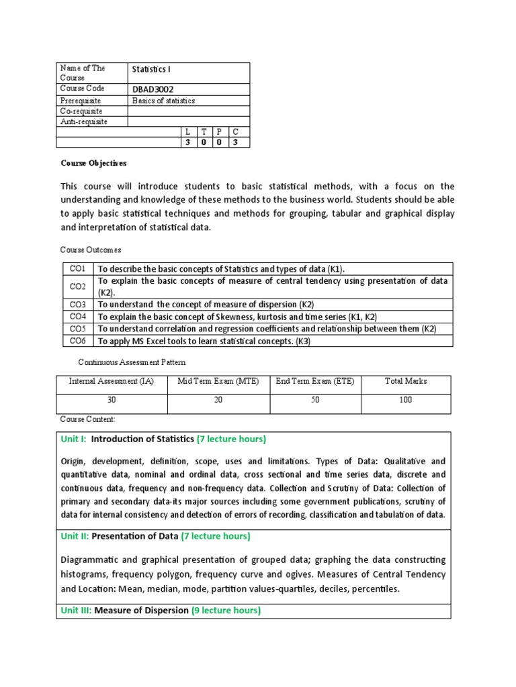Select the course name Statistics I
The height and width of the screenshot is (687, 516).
pyautogui.click(x=152, y=69)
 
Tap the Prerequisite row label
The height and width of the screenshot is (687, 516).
pyautogui.click(x=80, y=101)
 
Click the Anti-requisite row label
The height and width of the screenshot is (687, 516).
pyautogui.click(x=83, y=121)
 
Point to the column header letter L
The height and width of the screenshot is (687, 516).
pyautogui.click(x=188, y=132)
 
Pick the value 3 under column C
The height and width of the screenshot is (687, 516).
pyautogui.click(x=235, y=142)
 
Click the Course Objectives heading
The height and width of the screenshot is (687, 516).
pyautogui.click(x=93, y=163)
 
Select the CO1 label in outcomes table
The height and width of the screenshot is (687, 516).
pyautogui.click(x=77, y=268)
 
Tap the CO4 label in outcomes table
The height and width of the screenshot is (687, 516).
pyautogui.click(x=77, y=316)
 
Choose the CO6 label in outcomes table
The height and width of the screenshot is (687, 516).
pyautogui.click(x=77, y=341)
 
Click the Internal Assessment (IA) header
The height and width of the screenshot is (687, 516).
pyautogui.click(x=111, y=381)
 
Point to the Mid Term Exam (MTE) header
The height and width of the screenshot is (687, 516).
pyautogui.click(x=218, y=381)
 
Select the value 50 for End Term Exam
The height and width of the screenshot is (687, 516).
pyautogui.click(x=315, y=400)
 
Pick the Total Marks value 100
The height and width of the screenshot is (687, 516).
pyautogui.click(x=405, y=400)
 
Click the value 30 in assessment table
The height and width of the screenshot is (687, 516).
pyautogui.click(x=111, y=400)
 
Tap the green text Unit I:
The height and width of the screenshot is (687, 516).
pyautogui.click(x=73, y=439)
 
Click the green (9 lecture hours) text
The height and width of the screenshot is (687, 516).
pyautogui.click(x=226, y=611)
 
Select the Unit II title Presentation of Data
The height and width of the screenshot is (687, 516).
pyautogui.click(x=135, y=536)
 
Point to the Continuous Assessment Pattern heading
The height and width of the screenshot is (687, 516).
pyautogui.click(x=131, y=362)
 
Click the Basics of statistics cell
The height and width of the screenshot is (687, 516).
pyautogui.click(x=163, y=101)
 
